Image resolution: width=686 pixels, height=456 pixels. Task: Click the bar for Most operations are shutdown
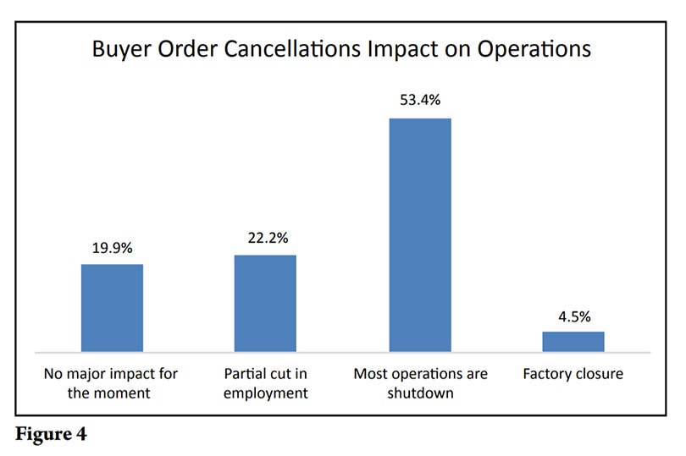[x=419, y=234]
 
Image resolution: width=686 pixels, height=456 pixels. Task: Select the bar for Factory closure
[x=573, y=341]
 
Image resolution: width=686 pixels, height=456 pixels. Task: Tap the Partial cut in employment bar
[x=265, y=303]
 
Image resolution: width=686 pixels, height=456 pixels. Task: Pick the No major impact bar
[x=112, y=307]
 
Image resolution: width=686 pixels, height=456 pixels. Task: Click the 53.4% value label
[x=420, y=101]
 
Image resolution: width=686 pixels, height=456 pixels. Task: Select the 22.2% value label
[x=265, y=239]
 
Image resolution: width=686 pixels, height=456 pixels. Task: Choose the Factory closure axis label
[x=573, y=373]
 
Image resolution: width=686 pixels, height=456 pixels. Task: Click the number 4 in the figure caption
[x=81, y=437]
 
